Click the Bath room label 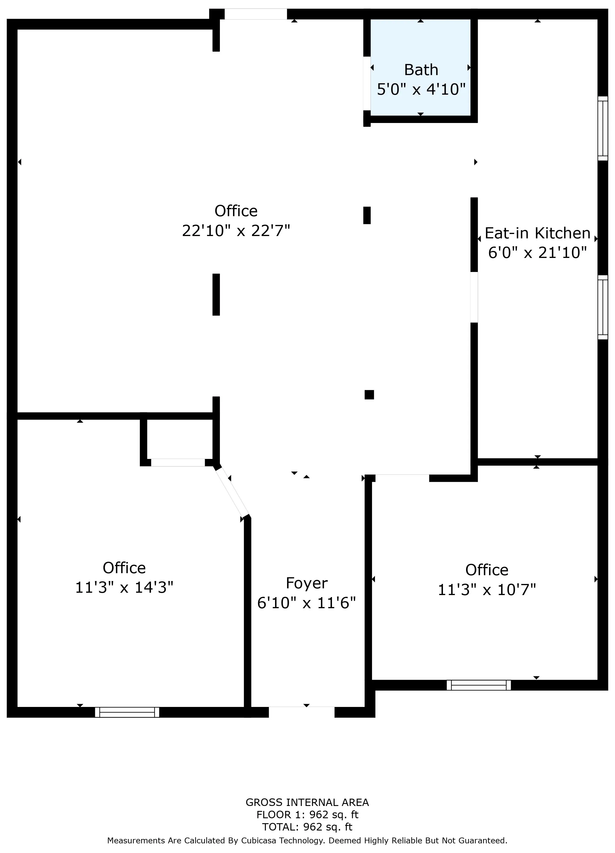click(421, 70)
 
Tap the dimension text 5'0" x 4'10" click(421, 89)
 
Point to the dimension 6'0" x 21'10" click(537, 253)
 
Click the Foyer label click(306, 583)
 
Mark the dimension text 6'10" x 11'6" click(306, 603)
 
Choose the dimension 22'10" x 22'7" click(236, 230)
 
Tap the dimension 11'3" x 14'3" click(124, 587)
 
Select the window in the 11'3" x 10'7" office click(479, 685)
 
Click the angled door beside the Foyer click(232, 492)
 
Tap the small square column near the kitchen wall click(369, 395)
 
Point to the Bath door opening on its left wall click(367, 84)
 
